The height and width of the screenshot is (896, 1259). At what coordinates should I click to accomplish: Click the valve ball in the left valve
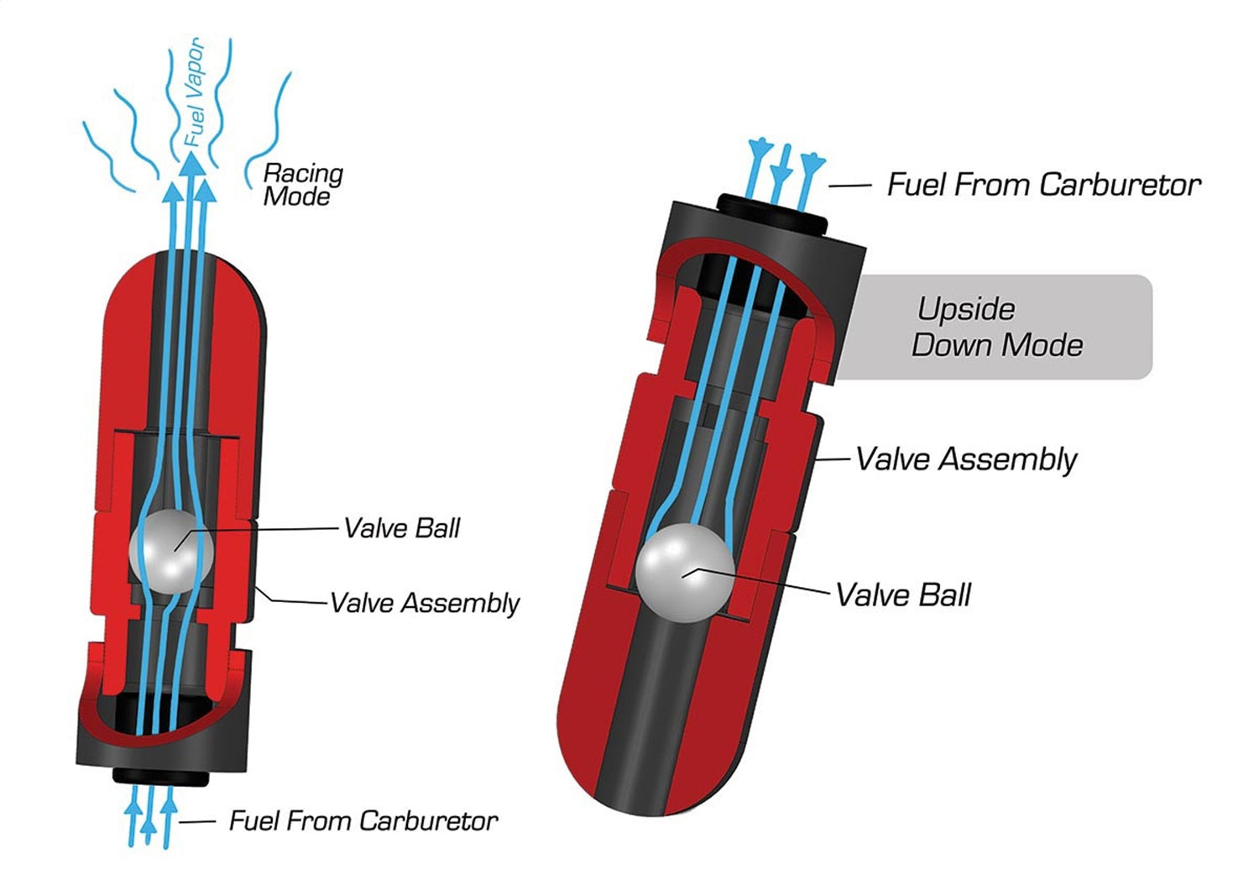(172, 551)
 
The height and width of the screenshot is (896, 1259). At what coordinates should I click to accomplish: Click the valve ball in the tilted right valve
(684, 574)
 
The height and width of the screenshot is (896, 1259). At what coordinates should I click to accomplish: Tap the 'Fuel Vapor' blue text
(194, 92)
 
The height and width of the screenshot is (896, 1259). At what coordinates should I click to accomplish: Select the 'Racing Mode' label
(302, 185)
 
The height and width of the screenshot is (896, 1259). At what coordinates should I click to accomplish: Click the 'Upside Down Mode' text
(996, 327)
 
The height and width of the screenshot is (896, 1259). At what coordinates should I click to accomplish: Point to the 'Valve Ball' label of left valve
(402, 528)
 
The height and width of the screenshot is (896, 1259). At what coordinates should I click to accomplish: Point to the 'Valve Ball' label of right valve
(903, 595)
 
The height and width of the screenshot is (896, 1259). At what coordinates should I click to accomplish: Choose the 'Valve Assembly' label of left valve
(425, 603)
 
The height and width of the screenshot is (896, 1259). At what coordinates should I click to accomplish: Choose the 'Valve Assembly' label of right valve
(966, 459)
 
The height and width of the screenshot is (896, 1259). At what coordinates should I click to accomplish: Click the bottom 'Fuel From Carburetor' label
(363, 820)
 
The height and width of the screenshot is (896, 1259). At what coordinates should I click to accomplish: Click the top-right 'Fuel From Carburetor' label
(1044, 185)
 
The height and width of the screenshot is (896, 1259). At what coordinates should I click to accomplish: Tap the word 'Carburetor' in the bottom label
(431, 820)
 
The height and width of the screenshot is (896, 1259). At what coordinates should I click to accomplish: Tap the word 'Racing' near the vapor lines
(303, 174)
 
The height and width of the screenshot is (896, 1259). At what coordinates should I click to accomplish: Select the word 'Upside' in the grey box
(966, 309)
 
